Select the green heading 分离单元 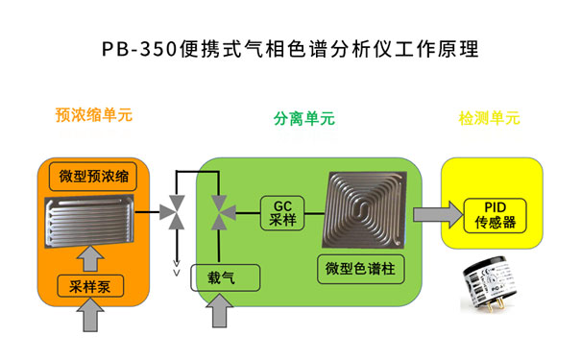click(x=303, y=120)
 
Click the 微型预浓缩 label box click(x=93, y=176)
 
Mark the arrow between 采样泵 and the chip click(x=93, y=257)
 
